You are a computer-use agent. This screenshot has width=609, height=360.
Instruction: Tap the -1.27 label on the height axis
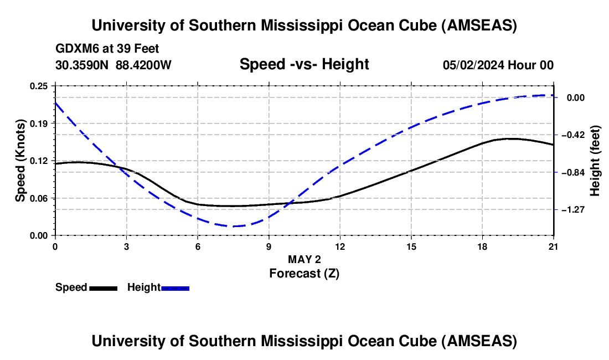point(574,210)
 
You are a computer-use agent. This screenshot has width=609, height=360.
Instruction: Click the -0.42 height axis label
point(574,135)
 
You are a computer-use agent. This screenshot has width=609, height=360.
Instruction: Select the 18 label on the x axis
point(482,246)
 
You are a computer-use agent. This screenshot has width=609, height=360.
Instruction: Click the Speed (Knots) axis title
point(20,161)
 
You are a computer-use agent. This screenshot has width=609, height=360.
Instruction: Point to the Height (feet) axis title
point(595,161)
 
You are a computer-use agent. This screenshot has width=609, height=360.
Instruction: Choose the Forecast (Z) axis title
point(304,273)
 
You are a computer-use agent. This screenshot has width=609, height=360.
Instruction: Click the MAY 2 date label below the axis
point(304,259)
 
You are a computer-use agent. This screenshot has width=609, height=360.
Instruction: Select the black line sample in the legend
point(103,288)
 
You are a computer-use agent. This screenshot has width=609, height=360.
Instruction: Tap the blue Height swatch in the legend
point(176,288)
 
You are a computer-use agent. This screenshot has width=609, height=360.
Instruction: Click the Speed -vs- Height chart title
point(304,65)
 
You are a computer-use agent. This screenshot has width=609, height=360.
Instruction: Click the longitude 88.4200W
point(144,65)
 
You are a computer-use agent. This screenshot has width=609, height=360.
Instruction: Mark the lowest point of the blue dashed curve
point(234,226)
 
